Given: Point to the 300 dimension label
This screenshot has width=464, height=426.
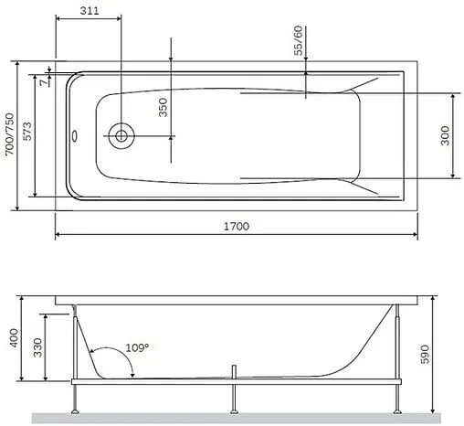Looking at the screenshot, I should (443, 135).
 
